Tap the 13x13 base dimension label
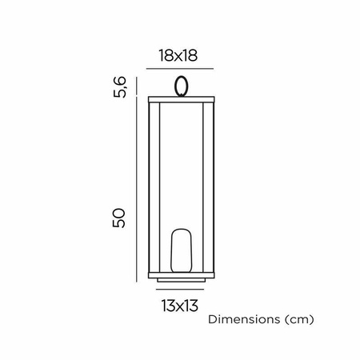coord(180,305)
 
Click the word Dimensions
coord(242,319)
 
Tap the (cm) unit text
coord(296,319)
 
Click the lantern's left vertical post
coord(152,188)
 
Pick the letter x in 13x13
coord(180,306)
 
